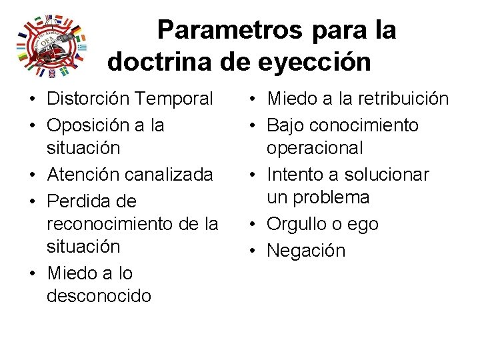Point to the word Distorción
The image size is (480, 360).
coord(87,99)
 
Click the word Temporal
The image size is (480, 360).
coord(173,99)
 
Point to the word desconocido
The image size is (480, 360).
coord(99,295)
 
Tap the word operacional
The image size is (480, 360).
coord(315,148)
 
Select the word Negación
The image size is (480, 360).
coord(306,251)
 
